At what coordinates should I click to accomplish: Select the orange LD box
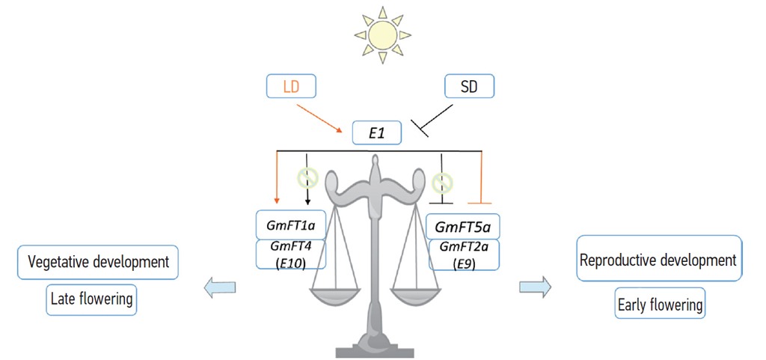291,87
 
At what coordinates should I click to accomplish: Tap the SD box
471,87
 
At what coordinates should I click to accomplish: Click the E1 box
377,133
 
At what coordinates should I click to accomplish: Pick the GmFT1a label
291,225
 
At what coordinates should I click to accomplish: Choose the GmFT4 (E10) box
291,254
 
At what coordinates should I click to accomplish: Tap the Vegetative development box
98,263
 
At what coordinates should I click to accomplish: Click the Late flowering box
91,299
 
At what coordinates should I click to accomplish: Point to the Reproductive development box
658,260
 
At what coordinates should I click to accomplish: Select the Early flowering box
660,305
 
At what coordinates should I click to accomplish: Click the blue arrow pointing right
535,285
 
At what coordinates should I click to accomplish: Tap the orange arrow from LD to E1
321,118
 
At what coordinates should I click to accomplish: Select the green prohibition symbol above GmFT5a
443,182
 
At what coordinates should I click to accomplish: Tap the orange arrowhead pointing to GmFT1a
277,199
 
